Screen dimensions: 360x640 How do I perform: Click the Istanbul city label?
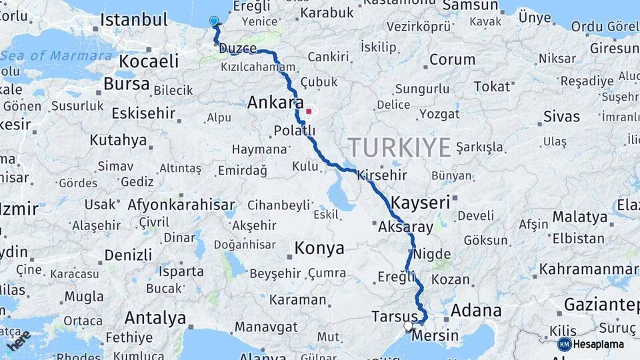(134, 19)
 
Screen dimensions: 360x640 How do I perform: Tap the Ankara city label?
(271, 103)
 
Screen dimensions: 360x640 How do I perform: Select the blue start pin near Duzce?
(214, 21)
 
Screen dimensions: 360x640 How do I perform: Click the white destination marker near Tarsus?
(408, 326)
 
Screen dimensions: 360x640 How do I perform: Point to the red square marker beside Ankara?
(308, 111)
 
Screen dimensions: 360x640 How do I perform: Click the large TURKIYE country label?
(399, 147)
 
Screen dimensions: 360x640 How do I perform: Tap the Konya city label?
(319, 249)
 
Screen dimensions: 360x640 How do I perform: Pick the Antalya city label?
(155, 318)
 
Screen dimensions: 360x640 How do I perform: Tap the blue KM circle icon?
(565, 345)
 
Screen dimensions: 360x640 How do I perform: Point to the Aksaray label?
(405, 227)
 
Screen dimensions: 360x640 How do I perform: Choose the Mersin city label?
(435, 335)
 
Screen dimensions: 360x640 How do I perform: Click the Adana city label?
(476, 310)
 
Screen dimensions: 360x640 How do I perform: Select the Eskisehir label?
(143, 113)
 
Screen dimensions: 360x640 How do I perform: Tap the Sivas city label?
(561, 117)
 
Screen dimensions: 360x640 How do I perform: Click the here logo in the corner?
(18, 340)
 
